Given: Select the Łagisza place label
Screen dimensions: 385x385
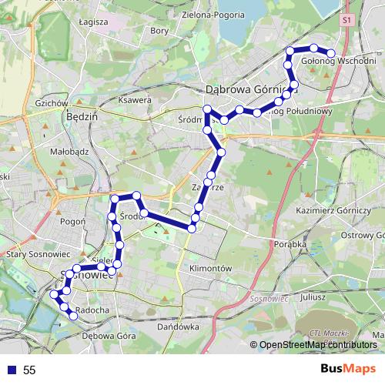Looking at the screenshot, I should pos(93,22).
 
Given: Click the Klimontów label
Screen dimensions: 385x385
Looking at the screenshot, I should pos(210,267).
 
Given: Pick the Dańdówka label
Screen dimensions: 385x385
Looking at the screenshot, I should pos(172,326).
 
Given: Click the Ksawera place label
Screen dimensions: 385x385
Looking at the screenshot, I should pos(135,100).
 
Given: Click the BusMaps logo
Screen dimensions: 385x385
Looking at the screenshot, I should pos(349,370).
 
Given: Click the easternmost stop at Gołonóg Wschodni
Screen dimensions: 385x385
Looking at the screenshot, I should pos(331,53).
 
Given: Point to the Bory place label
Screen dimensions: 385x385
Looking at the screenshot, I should pos(159,31).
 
